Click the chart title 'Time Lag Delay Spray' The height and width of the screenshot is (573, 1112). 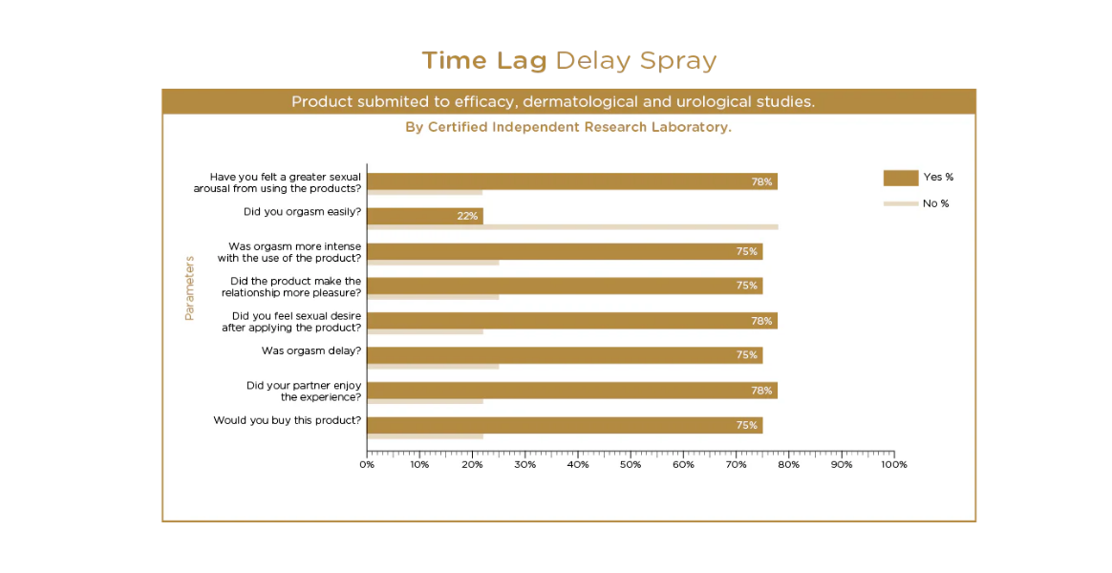[569, 61]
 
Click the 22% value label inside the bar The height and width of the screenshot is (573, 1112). [467, 217]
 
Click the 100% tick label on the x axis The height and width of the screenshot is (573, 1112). [893, 465]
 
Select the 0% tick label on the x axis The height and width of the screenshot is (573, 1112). [367, 465]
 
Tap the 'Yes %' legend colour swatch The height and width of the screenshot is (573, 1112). [900, 178]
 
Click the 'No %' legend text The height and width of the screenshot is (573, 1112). [936, 203]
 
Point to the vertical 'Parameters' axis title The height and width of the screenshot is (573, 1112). [189, 287]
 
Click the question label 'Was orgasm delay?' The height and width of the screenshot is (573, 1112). [311, 350]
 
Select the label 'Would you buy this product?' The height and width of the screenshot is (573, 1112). [288, 420]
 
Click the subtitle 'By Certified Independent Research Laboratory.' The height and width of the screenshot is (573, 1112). [568, 127]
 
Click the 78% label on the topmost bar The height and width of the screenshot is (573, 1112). [761, 181]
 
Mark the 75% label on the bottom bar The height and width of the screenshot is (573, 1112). [747, 426]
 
